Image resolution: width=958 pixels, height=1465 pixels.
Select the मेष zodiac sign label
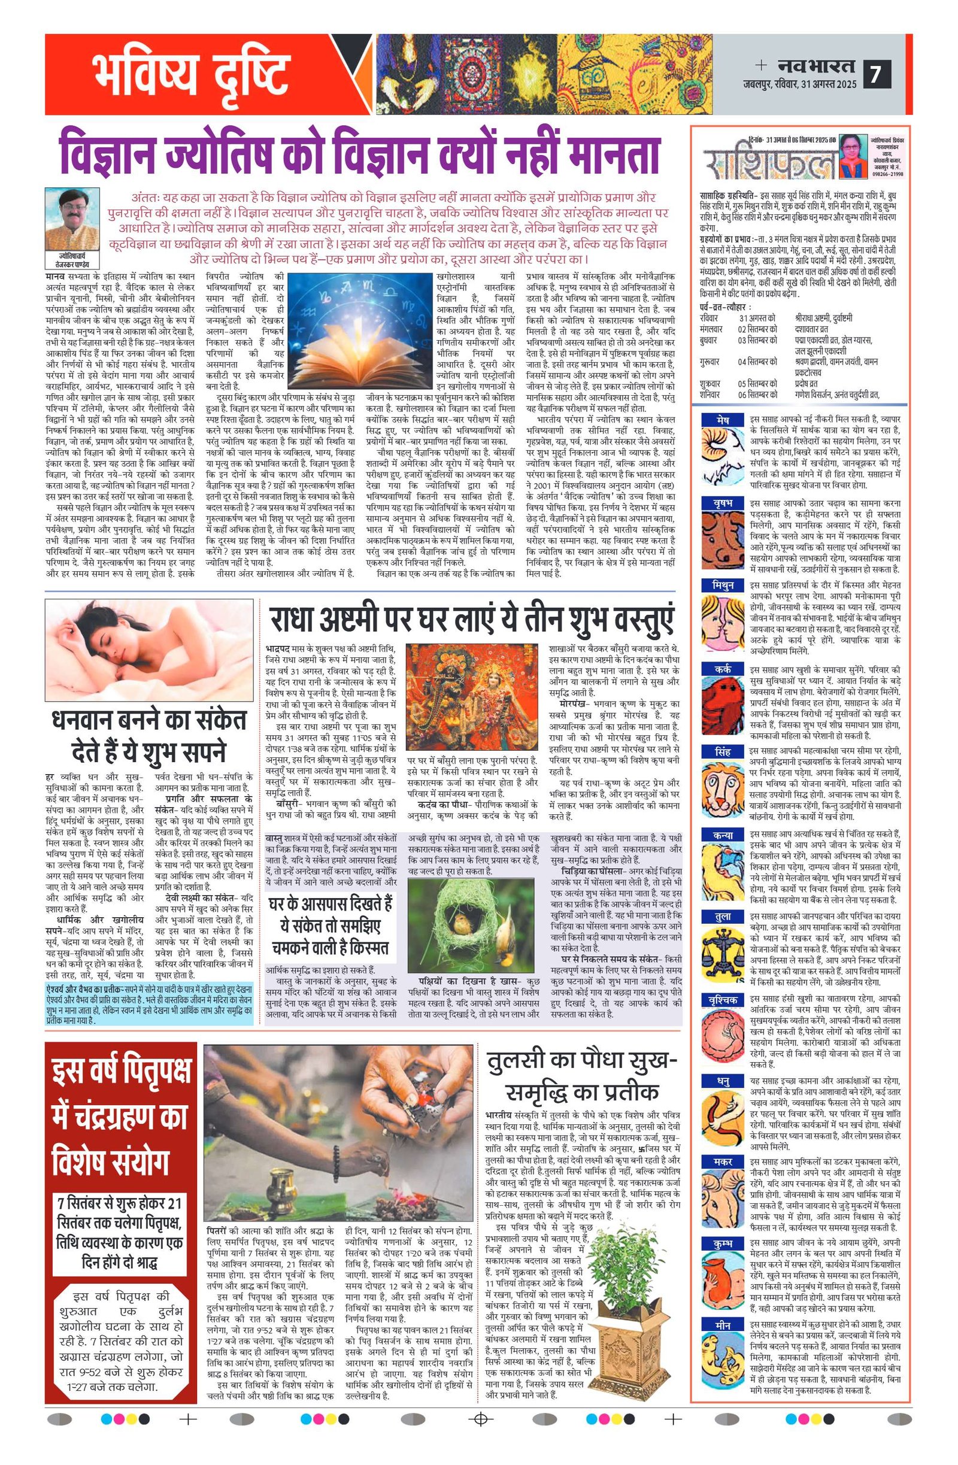(722, 420)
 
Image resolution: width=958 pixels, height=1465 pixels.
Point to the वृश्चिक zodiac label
(722, 1000)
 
